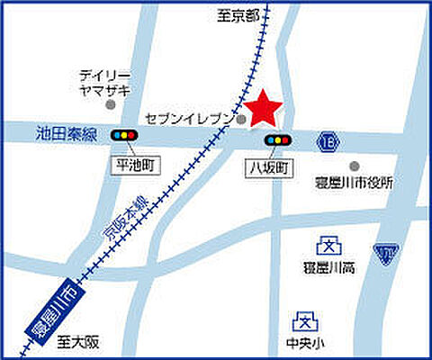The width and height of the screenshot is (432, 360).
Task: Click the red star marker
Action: [264, 108]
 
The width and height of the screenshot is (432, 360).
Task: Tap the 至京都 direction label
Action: [238, 16]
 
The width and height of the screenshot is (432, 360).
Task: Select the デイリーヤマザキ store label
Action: [104, 82]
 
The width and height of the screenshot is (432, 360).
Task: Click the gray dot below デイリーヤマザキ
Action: [111, 105]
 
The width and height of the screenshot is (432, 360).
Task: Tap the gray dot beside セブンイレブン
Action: [242, 118]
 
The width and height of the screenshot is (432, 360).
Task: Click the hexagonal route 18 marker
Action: [329, 140]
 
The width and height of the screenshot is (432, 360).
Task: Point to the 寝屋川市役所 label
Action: [355, 183]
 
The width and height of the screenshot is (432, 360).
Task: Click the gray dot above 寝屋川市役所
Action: [355, 166]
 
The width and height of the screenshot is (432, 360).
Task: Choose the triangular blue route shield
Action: [386, 255]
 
